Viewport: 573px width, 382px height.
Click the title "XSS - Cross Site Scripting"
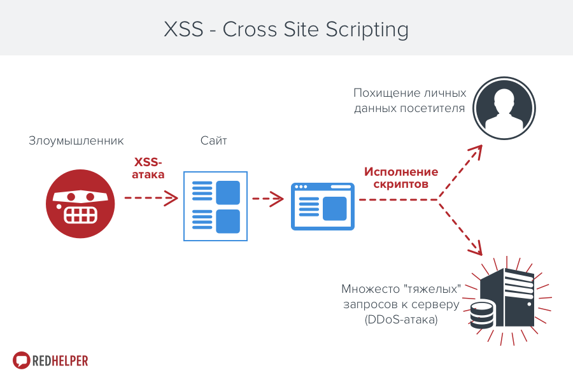click(286, 29)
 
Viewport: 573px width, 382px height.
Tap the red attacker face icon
click(80, 204)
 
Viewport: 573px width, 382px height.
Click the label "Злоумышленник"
click(76, 141)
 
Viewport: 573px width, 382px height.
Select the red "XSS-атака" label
click(148, 168)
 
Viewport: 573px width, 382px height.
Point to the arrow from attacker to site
click(152, 198)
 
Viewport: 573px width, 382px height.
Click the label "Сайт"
click(214, 141)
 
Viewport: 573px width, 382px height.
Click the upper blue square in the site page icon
click(228, 193)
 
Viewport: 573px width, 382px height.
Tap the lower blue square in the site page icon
click(228, 222)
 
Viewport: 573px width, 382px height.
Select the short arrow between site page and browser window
click(268, 199)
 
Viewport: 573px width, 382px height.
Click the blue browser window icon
click(323, 206)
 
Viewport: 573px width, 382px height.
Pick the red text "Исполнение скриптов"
click(401, 178)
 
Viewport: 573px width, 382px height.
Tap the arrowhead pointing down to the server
click(476, 248)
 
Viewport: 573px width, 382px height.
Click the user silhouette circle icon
click(504, 108)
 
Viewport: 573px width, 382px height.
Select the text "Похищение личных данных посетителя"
click(409, 101)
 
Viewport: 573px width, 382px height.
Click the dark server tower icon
click(507, 297)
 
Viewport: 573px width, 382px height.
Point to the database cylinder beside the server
click(482, 315)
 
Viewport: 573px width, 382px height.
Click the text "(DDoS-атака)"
click(401, 320)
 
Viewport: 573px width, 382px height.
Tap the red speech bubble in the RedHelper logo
click(21, 360)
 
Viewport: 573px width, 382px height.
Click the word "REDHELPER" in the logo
click(60, 361)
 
